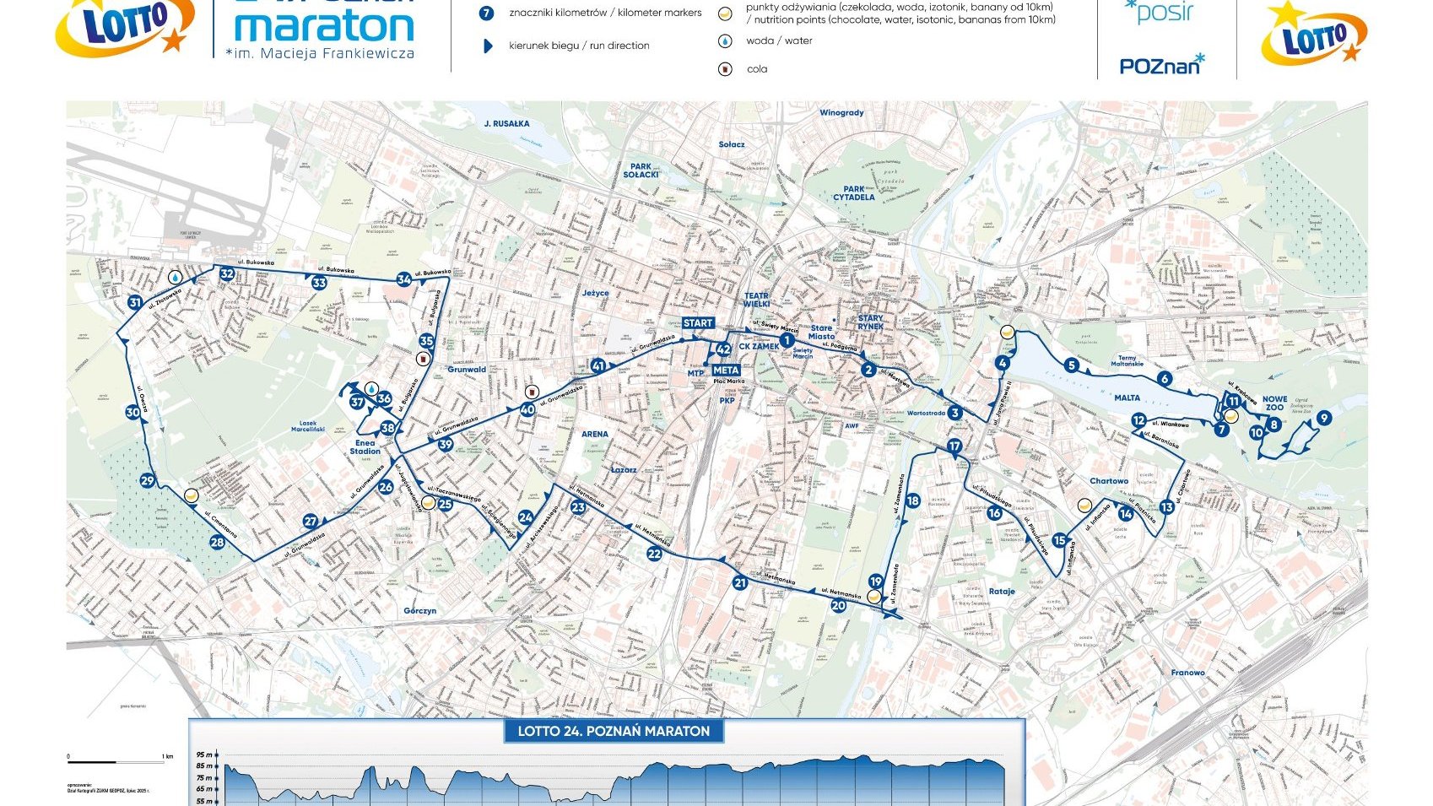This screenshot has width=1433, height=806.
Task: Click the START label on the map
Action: [698, 323]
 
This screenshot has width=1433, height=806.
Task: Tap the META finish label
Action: [726, 370]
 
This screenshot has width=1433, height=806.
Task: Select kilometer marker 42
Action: [723, 349]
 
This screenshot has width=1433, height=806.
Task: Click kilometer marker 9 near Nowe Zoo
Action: [1323, 418]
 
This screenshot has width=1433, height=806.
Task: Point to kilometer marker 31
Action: [135, 303]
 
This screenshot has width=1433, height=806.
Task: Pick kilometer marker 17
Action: [954, 446]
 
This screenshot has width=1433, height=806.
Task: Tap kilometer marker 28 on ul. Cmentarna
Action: [217, 543]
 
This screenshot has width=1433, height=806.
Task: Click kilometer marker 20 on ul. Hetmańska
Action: [838, 605]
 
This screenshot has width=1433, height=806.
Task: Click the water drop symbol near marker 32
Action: [175, 277]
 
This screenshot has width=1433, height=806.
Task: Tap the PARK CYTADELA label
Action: [853, 193]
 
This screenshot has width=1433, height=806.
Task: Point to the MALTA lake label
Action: [1127, 398]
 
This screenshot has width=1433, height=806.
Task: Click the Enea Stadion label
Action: [365, 446]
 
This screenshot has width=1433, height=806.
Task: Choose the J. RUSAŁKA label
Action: [506, 123]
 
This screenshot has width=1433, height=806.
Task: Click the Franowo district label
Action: [1187, 673]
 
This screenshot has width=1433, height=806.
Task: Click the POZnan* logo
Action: [1161, 65]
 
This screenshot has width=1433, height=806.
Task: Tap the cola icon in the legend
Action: [725, 69]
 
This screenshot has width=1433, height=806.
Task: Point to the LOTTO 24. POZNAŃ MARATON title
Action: [614, 731]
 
